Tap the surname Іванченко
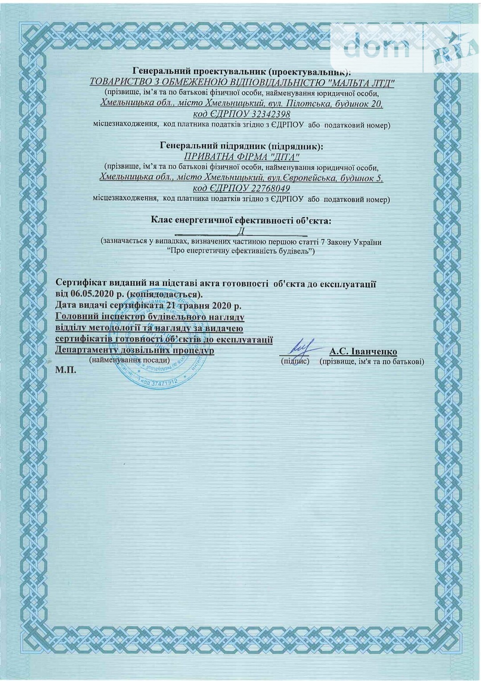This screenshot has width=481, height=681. click(x=372, y=351)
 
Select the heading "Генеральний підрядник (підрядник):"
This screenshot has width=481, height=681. click(x=241, y=146)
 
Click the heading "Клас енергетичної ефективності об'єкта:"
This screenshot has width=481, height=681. click(x=241, y=220)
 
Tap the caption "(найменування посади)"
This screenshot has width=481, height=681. click(x=130, y=359)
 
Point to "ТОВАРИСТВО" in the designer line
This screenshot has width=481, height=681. click(x=117, y=82)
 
